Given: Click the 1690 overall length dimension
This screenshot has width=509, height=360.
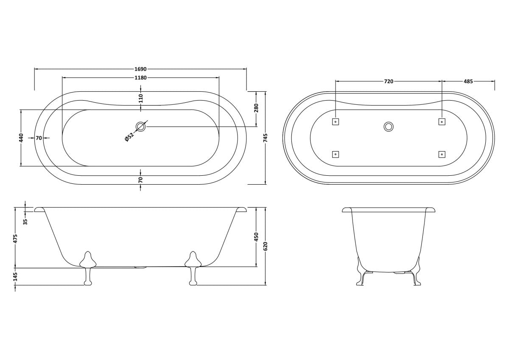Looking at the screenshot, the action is tap(141, 69).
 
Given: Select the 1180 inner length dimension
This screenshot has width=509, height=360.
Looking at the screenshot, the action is tap(141, 78).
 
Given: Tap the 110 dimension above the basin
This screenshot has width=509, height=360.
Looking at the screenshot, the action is tap(141, 98).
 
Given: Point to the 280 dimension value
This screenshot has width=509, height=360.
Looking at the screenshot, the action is tap(256, 108).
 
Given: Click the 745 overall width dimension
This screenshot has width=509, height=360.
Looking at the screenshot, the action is tap(266, 138).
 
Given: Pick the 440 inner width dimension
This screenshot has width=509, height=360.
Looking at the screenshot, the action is tap(21, 138).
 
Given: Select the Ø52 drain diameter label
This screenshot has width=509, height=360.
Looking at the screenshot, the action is tap(130, 138).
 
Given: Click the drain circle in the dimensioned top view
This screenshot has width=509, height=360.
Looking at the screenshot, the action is tap(141, 127).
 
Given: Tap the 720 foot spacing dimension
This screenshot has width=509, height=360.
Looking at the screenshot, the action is tap(389, 82).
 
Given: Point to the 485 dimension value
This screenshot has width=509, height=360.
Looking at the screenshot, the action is tap(468, 82).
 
